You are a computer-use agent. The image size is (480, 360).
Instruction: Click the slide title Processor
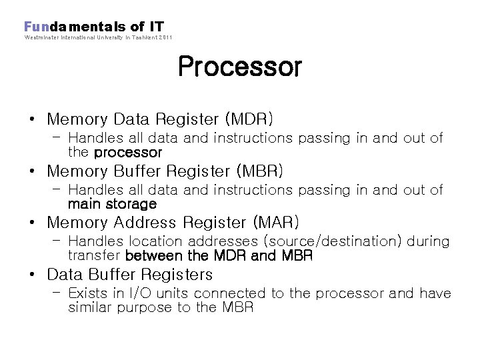239,67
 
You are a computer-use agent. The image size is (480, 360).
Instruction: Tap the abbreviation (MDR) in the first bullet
249,119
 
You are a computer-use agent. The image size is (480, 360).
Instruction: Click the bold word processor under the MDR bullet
128,152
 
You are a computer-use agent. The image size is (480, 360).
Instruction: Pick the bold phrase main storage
112,204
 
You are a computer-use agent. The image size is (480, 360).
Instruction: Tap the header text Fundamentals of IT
94,27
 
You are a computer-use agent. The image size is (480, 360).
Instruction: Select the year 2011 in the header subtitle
165,38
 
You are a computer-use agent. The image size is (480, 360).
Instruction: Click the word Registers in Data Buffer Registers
181,275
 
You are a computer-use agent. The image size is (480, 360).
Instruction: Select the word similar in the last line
91,307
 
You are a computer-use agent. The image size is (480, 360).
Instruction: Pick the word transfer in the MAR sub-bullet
94,255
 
